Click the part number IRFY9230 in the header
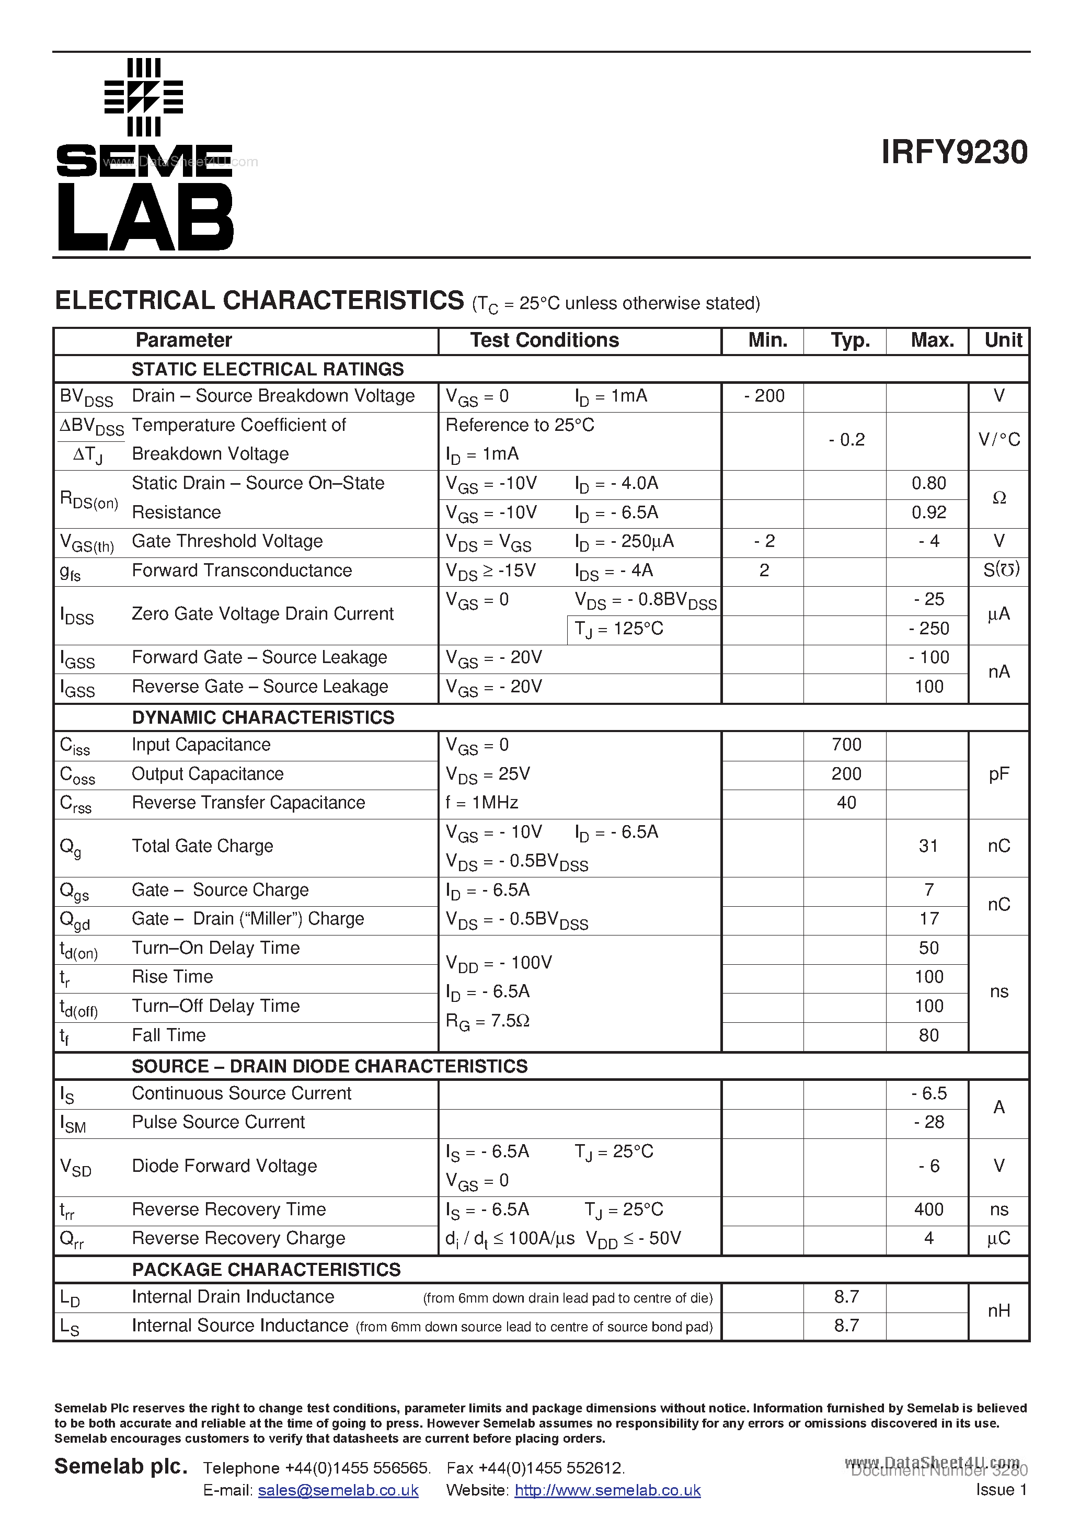pos(953,153)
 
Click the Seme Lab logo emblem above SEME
pos(144,97)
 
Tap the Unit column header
pos(1003,340)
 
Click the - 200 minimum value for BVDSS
pos(764,396)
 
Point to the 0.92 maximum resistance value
pos(928,512)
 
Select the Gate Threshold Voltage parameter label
pos(227,541)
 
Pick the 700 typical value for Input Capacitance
pos(846,745)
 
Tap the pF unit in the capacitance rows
pos(999,774)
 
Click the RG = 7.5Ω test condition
pos(487,1021)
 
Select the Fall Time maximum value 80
pos(928,1035)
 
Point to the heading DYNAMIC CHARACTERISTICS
pos(263,717)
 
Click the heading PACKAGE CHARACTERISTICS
pos(266,1269)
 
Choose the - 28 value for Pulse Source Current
pos(929,1122)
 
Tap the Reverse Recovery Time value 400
pos(928,1209)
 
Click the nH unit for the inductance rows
pos(999,1310)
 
